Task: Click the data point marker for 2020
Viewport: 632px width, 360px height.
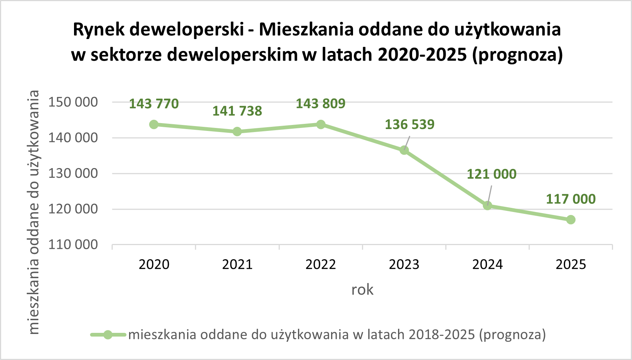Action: pyautogui.click(x=154, y=124)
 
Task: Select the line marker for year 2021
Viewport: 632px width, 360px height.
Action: pyautogui.click(x=237, y=131)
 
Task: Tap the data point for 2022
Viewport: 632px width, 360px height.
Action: pyautogui.click(x=321, y=124)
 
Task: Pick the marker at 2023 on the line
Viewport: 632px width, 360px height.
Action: pyautogui.click(x=404, y=150)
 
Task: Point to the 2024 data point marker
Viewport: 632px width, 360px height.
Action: pyautogui.click(x=488, y=205)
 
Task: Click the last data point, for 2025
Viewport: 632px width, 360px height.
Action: pyautogui.click(x=571, y=220)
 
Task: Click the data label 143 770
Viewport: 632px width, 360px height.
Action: pyautogui.click(x=154, y=104)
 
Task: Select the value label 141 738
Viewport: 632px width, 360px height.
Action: pyautogui.click(x=237, y=111)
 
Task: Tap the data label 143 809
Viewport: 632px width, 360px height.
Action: pyautogui.click(x=320, y=103)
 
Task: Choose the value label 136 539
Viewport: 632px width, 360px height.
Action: pyautogui.click(x=410, y=124)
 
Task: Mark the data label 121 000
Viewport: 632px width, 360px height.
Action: pyautogui.click(x=491, y=174)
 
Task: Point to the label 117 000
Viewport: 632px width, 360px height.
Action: pyautogui.click(x=571, y=199)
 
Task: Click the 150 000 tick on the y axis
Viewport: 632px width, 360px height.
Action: pyautogui.click(x=73, y=102)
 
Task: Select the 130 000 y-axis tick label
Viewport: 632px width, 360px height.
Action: pyautogui.click(x=73, y=173)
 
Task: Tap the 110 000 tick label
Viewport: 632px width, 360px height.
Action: pyautogui.click(x=73, y=245)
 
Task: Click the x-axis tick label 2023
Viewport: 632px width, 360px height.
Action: pyautogui.click(x=404, y=264)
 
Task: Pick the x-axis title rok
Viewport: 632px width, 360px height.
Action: pyautogui.click(x=362, y=290)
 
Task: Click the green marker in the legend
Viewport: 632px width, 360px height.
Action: pyautogui.click(x=108, y=335)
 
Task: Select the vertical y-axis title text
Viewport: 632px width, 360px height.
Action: pyautogui.click(x=34, y=212)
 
